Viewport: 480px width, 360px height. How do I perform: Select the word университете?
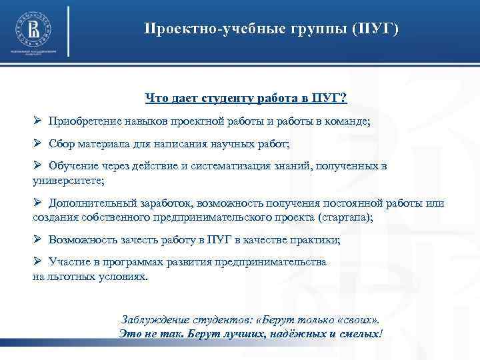tap(66, 180)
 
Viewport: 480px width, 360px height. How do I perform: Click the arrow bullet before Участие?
tap(38, 262)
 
